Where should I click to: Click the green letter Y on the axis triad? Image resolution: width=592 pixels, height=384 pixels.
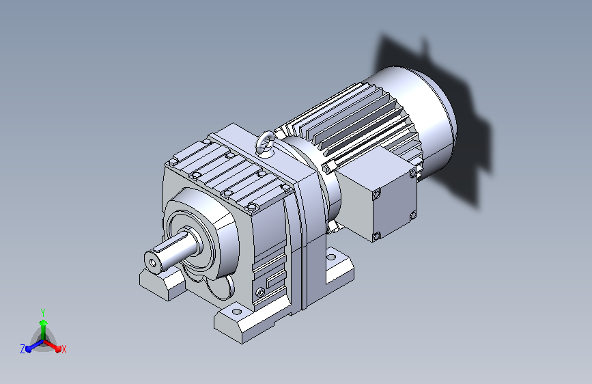coord(43,312)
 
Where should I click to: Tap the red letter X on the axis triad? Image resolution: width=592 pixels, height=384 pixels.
coord(64,349)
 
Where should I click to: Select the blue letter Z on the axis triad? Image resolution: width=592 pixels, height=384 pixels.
coord(23,349)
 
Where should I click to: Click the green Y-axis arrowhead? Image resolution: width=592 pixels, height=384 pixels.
coord(44,323)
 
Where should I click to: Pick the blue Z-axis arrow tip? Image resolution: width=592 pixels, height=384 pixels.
coord(29,348)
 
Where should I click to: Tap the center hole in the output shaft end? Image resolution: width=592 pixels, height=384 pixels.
coord(153,262)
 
